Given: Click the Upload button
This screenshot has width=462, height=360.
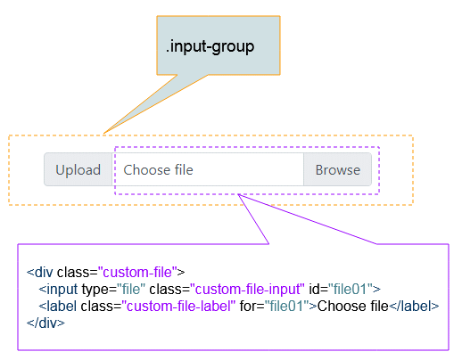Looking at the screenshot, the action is pos(78,169).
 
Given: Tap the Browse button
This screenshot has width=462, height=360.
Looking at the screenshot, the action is pos(338,169).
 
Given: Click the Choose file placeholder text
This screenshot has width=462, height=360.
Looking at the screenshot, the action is pos(158,170).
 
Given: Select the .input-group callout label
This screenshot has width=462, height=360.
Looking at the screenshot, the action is pos(210,46).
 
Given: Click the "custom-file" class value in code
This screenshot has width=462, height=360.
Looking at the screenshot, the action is pos(137,272).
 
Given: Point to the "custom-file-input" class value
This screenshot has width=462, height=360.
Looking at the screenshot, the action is pos(247,289).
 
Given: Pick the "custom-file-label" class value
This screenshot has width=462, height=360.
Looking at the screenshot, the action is pos(178,306).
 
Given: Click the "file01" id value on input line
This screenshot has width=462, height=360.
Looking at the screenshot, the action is pos(351,289).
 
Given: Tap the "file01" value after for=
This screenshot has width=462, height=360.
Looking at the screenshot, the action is pos(287,306).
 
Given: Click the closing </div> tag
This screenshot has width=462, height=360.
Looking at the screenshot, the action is pos(45,323).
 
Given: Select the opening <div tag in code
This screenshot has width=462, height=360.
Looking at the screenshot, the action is pos(40,272).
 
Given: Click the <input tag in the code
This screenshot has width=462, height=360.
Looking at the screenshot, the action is pos(58,289).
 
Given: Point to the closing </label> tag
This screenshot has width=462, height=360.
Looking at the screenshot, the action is pos(414,306).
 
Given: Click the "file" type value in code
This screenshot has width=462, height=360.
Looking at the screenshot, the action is pos(131,289).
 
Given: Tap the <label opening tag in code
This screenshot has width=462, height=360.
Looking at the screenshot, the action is pos(58,306).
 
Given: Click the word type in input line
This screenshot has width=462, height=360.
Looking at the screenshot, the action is pos(95,290).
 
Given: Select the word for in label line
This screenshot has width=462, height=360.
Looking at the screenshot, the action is pos(249,306).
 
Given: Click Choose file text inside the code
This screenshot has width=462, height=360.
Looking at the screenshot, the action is pos(353,306).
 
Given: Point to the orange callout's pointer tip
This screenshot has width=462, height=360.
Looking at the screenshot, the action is pos(103,134).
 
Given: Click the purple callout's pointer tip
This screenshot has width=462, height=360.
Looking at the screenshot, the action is pos(238,194).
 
